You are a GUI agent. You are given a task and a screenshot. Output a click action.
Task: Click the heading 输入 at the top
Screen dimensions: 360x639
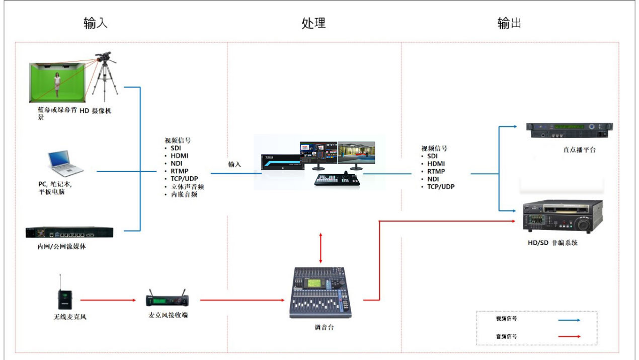[96, 23]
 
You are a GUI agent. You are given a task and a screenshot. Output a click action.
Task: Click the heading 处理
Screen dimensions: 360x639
[313, 23]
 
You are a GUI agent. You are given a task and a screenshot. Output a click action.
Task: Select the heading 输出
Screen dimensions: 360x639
[509, 23]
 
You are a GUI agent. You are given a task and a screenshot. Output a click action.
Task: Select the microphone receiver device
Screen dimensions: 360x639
[168, 300]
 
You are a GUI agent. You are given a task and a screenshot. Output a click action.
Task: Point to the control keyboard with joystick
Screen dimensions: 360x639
[338, 180]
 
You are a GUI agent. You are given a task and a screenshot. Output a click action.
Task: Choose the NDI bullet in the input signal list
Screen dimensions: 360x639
[176, 164]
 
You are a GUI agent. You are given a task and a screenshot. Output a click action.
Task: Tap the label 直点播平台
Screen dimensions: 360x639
[579, 150]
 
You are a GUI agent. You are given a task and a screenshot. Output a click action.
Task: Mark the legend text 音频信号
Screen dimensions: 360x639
[506, 336]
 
